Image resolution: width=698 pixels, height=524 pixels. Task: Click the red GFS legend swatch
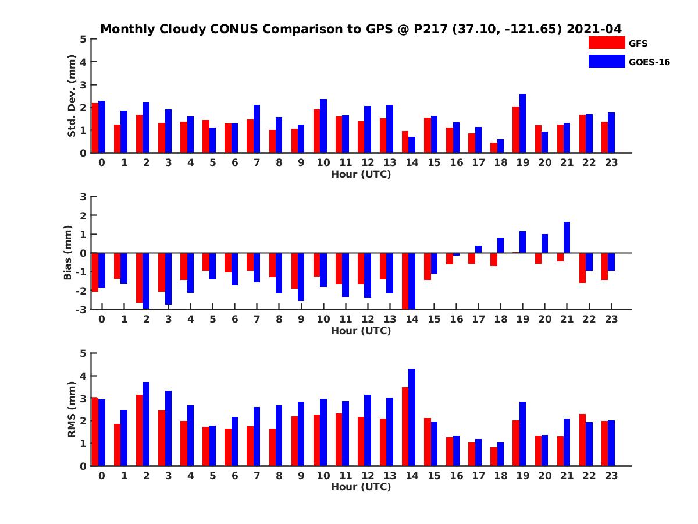tap(606, 43)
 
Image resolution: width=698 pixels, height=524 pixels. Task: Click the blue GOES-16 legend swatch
tap(606, 61)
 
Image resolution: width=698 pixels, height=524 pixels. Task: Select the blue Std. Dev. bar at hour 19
tap(522, 123)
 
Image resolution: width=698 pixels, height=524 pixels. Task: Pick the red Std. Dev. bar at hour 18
tap(494, 148)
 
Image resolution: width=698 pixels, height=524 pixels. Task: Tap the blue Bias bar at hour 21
tap(567, 238)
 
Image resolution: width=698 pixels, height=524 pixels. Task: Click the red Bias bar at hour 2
tap(140, 278)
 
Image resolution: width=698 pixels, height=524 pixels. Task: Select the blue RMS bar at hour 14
tap(412, 417)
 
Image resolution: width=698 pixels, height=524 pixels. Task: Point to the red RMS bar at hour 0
tap(95, 431)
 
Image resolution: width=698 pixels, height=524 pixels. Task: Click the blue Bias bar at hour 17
tap(478, 249)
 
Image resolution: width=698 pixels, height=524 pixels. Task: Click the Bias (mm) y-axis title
tap(68, 253)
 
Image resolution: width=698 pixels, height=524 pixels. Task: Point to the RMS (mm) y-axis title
tap(72, 409)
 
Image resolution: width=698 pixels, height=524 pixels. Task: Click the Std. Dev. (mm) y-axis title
tap(72, 96)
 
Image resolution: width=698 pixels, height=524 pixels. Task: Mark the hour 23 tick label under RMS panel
tap(611, 475)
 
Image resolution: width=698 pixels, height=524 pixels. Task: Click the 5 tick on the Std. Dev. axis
tap(84, 39)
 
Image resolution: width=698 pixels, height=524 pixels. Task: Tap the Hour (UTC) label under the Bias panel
tap(361, 331)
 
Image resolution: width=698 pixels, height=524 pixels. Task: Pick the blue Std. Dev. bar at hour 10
tap(323, 126)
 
